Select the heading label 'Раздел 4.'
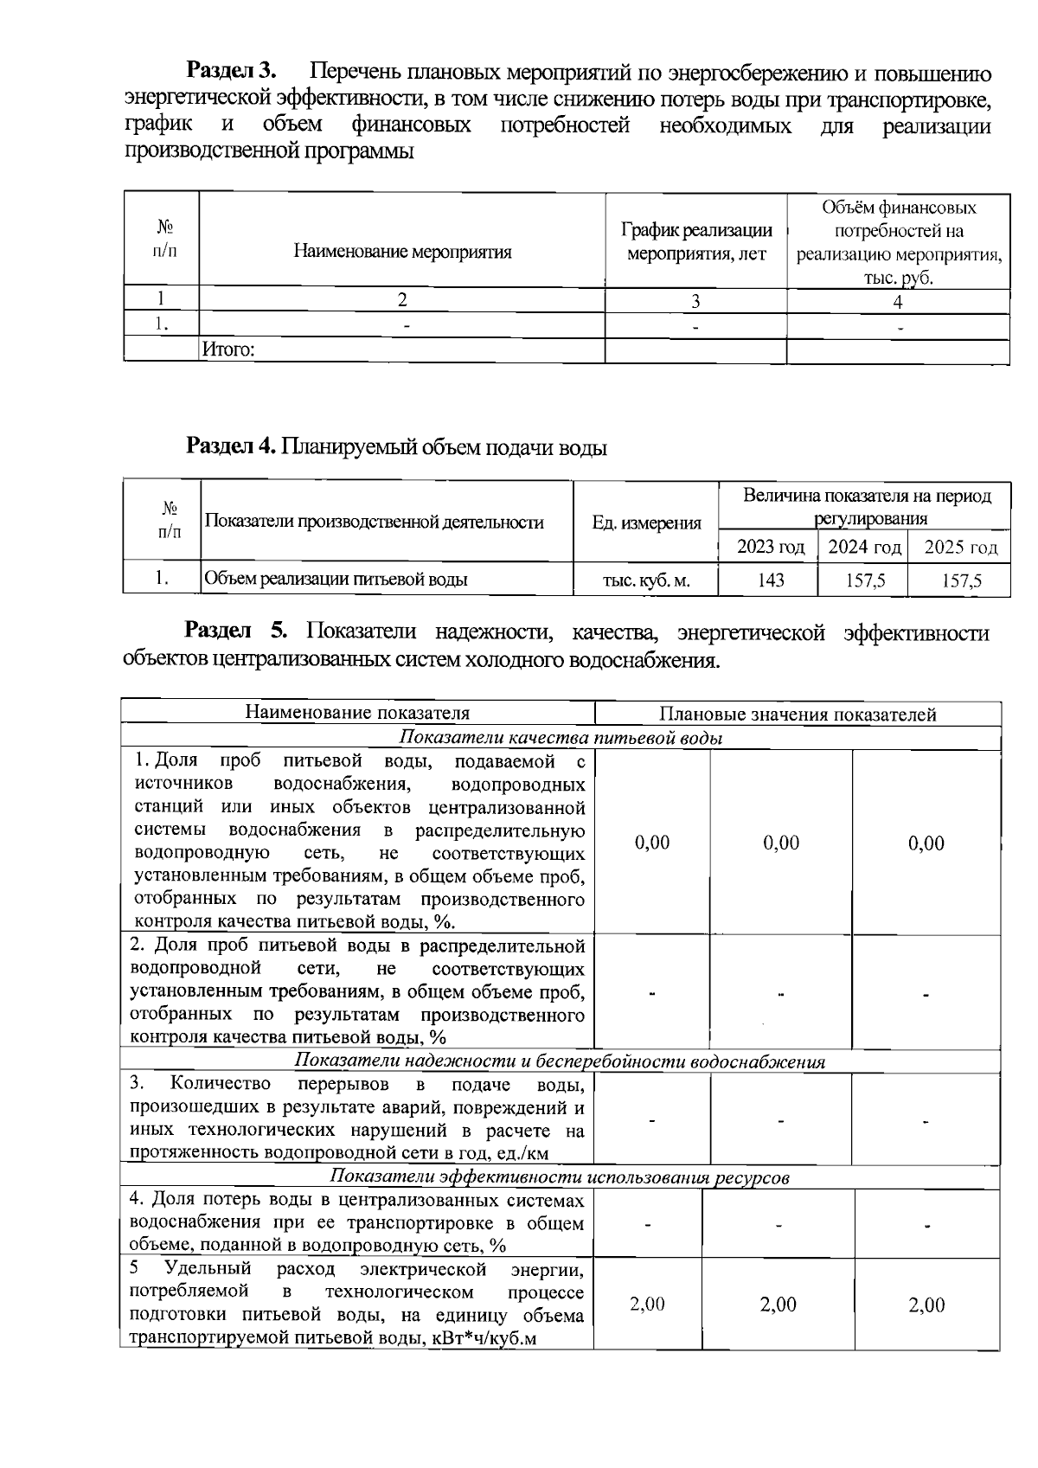[x=230, y=446]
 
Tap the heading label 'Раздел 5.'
[x=241, y=632]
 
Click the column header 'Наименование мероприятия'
[x=402, y=252]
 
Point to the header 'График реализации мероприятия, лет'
[x=696, y=242]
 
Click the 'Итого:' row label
[x=228, y=349]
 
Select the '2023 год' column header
[x=770, y=547]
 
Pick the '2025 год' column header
[x=960, y=547]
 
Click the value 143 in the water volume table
[x=770, y=580]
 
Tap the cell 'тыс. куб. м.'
[x=646, y=580]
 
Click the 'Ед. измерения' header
[x=646, y=522]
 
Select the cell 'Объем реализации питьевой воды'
[x=336, y=579]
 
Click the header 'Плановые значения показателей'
[x=797, y=715]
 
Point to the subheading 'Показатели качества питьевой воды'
[x=561, y=738]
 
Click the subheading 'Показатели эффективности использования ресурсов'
[x=560, y=1177]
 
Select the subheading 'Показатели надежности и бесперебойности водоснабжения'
[x=560, y=1061]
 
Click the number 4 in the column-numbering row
[x=898, y=301]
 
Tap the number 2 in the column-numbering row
[x=402, y=300]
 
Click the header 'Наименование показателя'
[x=357, y=713]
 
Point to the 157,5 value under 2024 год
[x=864, y=580]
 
